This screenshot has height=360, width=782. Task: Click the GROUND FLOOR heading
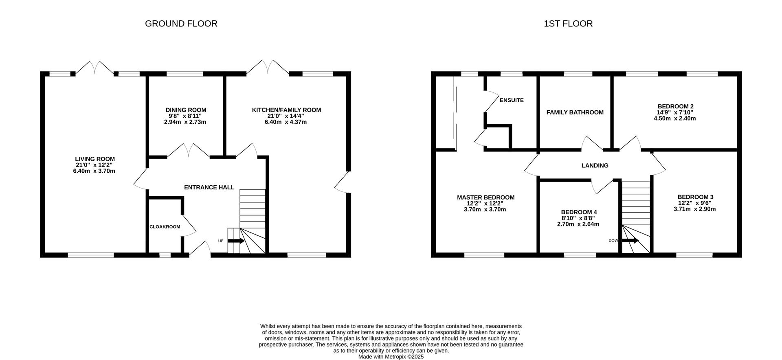181,24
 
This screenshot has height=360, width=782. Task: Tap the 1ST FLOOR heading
568,24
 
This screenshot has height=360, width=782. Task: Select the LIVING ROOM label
95,159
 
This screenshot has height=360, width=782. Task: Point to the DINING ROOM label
186,110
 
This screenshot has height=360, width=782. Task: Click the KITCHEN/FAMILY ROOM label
286,110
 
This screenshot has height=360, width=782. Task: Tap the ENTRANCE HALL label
209,187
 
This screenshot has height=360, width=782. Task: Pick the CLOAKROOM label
165,227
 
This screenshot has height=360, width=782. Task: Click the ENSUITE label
512,100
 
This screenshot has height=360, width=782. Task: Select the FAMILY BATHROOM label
575,112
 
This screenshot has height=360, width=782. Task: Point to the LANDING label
595,166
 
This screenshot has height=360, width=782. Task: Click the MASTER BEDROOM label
485,198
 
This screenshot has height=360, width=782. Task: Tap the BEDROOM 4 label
579,212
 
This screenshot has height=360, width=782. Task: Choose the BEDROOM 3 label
695,197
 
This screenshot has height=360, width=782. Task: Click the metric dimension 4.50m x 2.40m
675,119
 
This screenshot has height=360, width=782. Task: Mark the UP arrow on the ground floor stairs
236,241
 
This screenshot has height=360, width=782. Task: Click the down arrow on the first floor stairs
630,241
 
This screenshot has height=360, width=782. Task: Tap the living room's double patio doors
95,68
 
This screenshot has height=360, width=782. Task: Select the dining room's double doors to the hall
189,150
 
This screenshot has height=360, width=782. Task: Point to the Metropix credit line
391,357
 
